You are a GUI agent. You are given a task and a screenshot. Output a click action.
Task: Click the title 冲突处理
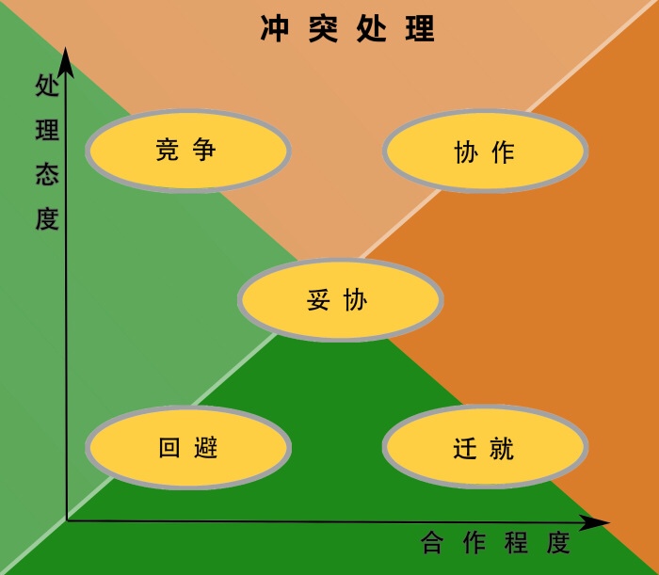347,29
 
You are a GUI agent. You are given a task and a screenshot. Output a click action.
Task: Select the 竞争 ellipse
188,151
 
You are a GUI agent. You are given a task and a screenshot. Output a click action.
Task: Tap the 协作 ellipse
486,152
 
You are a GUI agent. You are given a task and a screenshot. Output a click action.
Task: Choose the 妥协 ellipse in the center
341,300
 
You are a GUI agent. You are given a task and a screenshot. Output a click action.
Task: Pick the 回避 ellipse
188,448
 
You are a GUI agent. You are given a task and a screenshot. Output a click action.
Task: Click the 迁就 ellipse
486,448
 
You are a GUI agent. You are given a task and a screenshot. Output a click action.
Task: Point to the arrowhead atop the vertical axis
66,60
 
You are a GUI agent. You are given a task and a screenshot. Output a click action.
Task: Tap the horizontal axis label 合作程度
496,543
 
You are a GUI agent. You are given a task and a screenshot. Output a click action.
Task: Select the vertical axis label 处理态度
47,152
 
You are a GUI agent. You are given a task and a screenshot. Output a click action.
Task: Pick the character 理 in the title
422,29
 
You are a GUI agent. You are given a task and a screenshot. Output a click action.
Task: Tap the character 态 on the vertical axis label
47,175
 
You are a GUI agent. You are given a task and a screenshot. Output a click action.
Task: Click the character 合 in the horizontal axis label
432,543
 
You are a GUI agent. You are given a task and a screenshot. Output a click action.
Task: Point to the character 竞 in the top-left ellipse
168,150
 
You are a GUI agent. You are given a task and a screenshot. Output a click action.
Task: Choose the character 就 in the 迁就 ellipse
503,448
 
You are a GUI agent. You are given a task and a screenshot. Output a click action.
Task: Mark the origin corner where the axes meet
67,519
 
